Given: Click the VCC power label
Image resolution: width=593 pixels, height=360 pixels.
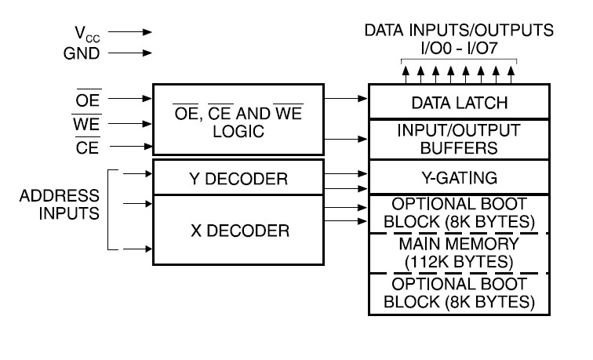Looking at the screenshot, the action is point(87,34).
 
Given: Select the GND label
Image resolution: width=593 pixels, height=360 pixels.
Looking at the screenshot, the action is point(82,53).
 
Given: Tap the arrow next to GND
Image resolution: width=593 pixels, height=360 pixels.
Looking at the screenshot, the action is point(130,53).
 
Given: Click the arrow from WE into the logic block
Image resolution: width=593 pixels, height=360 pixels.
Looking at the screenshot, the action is point(130,124).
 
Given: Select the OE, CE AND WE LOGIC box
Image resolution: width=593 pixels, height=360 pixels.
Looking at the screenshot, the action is point(238,119).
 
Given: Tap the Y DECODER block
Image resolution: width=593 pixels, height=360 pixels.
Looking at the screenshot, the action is point(238,177).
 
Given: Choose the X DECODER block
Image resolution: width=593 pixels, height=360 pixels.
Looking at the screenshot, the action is point(238,230).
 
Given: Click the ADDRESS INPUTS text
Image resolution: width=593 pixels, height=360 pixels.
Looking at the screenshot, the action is point(60,205).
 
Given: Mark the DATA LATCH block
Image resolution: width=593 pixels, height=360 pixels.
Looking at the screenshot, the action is point(459,101).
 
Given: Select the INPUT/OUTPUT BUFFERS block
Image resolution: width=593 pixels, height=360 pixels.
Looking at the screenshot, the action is point(459,140).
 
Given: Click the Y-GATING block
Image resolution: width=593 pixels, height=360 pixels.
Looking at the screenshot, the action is point(459,177).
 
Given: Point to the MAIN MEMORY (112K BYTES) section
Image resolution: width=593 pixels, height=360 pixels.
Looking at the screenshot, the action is point(459,253).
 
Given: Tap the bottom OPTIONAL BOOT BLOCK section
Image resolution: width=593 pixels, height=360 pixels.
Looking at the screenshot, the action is point(459,294).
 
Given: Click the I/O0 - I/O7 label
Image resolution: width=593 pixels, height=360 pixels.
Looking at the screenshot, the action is point(459,48).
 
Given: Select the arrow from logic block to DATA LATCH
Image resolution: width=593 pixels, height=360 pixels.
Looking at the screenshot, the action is point(346,98).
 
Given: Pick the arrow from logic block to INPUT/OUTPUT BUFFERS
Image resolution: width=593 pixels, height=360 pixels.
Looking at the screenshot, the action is point(346,139).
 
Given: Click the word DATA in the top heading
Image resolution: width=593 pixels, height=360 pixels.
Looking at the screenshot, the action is point(384,31).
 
